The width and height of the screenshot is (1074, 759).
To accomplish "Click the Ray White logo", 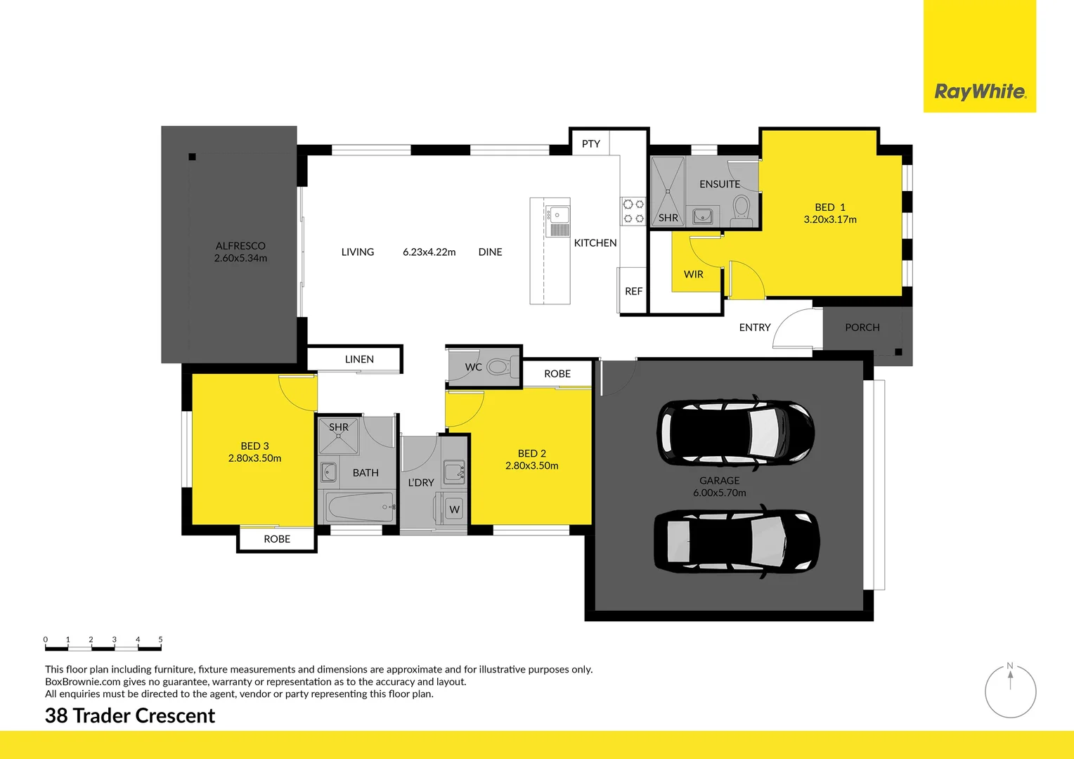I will [x=979, y=91].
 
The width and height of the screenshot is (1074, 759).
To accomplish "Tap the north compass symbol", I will [x=1010, y=691].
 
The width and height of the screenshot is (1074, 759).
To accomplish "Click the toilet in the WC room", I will [x=499, y=366].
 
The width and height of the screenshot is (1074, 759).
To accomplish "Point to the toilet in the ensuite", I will [x=741, y=209].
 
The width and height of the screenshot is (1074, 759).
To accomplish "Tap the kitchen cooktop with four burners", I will [x=633, y=211].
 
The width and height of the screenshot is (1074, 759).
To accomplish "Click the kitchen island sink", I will [x=559, y=214].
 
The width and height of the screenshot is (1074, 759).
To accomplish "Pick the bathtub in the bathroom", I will [x=360, y=507].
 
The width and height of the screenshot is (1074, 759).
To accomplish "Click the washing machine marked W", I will [x=455, y=510].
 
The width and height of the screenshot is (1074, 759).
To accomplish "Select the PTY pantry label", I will [x=590, y=143].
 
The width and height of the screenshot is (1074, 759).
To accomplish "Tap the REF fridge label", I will [x=633, y=291].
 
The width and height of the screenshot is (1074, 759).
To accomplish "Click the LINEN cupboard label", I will [x=359, y=359].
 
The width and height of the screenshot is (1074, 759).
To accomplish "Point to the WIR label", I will [x=693, y=274].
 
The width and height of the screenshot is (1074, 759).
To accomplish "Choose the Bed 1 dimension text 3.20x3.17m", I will [x=830, y=219].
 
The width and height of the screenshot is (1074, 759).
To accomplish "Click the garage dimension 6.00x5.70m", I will [x=719, y=493].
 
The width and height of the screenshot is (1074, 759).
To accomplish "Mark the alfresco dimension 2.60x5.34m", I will [x=240, y=258].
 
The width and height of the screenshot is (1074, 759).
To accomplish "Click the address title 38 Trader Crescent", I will [x=130, y=715].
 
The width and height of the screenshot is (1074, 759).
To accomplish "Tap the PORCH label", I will [x=862, y=327].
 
